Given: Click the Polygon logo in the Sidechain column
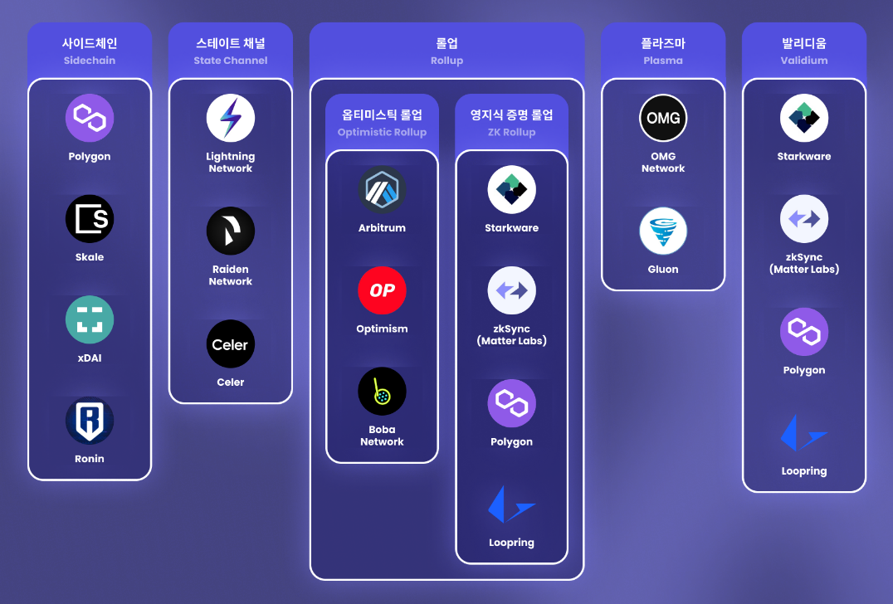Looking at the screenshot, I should click(90, 119).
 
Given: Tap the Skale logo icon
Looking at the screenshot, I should click(90, 219).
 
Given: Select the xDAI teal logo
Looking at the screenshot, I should click(90, 320).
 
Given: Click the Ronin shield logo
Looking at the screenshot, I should click(90, 421).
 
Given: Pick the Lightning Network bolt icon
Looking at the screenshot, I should click(231, 119).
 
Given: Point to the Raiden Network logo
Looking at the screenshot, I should click(231, 231).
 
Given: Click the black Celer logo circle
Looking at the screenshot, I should click(231, 344).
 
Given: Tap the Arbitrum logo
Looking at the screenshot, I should click(382, 190).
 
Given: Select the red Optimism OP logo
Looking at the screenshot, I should click(382, 290).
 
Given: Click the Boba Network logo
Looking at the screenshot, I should click(382, 392).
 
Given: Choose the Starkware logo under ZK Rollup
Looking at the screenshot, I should click(511, 190).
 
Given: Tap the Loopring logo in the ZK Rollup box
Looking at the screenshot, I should click(511, 504).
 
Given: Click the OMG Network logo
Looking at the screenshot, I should click(663, 119).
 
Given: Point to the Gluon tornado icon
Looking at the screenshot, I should click(663, 231).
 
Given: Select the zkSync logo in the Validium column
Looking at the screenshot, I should click(804, 219).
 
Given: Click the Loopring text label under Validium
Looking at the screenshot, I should click(804, 471).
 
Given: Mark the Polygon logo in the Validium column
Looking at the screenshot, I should click(804, 332).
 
